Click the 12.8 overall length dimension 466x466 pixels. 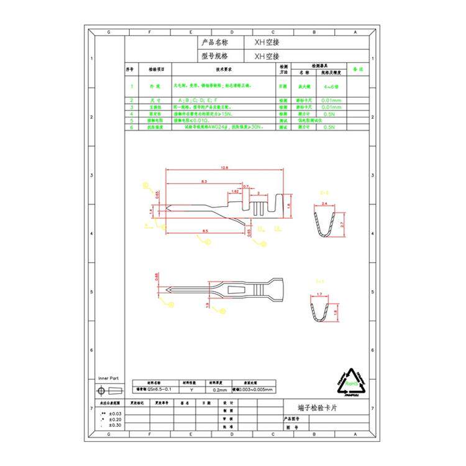224,168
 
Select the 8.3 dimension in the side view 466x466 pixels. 203,181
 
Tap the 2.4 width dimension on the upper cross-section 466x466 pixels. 324,203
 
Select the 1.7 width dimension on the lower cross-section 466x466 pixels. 319,293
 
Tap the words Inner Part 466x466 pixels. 108,378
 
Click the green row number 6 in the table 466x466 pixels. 132,127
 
